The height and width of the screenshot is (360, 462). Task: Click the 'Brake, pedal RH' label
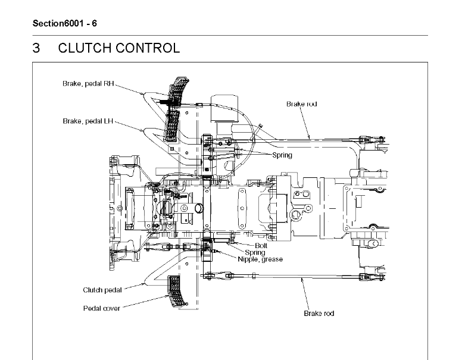(x=88, y=84)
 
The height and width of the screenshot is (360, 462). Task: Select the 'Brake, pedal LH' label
(x=88, y=121)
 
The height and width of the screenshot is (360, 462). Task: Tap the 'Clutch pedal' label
(x=102, y=290)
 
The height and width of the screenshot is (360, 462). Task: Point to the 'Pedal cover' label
(x=102, y=308)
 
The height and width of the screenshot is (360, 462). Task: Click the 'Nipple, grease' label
(x=260, y=259)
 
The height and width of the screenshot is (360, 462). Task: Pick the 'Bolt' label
(x=261, y=245)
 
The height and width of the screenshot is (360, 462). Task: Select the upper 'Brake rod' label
(x=302, y=104)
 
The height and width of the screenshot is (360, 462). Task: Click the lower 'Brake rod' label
(x=319, y=314)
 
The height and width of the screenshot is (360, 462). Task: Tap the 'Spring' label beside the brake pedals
(x=282, y=155)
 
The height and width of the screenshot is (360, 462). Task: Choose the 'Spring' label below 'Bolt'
(x=255, y=252)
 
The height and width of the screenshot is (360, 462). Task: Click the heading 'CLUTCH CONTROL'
(x=118, y=48)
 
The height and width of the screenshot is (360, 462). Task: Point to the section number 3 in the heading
(x=36, y=48)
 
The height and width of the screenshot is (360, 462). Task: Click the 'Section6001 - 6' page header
(x=64, y=23)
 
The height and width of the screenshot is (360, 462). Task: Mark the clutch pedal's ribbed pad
(x=177, y=292)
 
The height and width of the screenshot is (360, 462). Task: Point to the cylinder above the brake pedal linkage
(x=224, y=108)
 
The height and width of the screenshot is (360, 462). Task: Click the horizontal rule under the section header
(x=230, y=35)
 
